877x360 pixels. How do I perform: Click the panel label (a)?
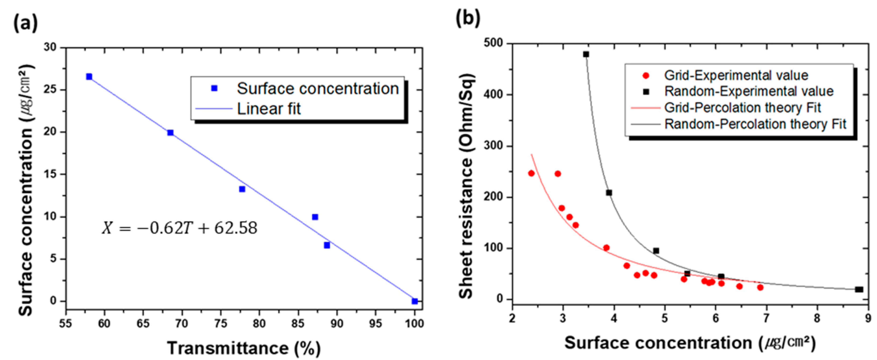(x=25, y=23)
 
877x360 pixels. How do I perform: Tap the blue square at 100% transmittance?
(x=415, y=301)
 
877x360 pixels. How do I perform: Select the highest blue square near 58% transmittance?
(x=89, y=77)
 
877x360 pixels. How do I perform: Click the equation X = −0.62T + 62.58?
(x=179, y=228)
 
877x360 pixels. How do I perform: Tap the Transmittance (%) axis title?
(x=244, y=348)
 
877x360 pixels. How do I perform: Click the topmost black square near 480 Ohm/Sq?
(x=586, y=54)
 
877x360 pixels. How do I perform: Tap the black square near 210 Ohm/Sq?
(x=609, y=193)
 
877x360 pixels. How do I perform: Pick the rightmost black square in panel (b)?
(x=859, y=290)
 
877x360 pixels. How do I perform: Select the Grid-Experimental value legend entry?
(x=736, y=75)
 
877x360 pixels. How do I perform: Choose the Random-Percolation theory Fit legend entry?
(x=755, y=124)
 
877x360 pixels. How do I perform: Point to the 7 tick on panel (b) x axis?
(x=766, y=318)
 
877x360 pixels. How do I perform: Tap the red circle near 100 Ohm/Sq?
(x=606, y=248)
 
